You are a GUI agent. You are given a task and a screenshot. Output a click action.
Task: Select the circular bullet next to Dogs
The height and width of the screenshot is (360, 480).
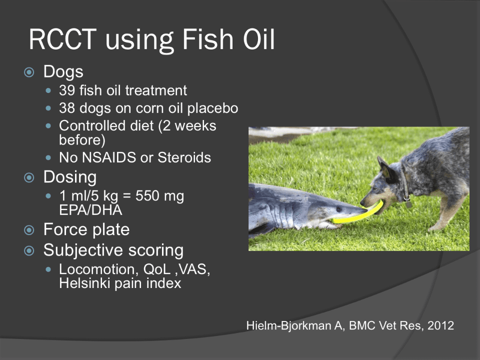tap(29, 72)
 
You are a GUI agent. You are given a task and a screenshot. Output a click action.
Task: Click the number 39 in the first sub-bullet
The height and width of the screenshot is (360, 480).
tap(67, 90)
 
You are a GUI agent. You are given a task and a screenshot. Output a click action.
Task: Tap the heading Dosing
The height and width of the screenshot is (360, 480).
tap(70, 177)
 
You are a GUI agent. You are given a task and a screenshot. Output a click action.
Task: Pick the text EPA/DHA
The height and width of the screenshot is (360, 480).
tap(90, 210)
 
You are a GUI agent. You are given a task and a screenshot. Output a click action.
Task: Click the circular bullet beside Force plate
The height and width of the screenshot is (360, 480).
tap(29, 230)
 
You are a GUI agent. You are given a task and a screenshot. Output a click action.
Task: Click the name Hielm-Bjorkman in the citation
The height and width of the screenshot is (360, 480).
tap(288, 325)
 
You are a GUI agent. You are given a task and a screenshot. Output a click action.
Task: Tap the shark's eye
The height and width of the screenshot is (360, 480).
tap(339, 209)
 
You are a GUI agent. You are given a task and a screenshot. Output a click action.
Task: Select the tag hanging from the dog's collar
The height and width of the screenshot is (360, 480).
tap(407, 203)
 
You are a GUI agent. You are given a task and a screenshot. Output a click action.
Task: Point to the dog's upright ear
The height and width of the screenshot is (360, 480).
tap(384, 168)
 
